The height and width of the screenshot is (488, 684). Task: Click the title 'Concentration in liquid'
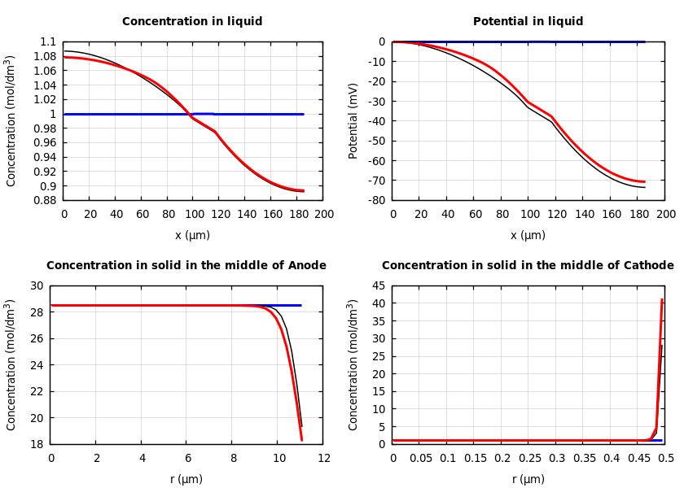pos(192,22)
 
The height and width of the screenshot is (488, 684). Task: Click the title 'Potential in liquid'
pos(528,22)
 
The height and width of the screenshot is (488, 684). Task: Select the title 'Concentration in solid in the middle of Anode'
pos(186,266)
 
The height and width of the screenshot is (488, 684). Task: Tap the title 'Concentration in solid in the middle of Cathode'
pos(528,266)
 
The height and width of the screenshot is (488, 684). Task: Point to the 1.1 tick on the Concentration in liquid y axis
pos(48,42)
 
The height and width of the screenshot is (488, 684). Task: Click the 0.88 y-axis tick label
pos(45,200)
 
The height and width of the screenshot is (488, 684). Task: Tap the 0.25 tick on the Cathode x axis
pos(529,459)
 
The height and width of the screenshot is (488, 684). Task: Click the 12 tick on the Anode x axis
pos(323,459)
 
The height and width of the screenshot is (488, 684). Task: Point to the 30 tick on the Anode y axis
pos(37,286)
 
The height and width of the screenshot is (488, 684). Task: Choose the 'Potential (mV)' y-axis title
pos(353,121)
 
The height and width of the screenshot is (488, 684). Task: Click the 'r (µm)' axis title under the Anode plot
pos(186,479)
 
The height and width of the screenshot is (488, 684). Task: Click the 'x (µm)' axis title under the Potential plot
pos(528,235)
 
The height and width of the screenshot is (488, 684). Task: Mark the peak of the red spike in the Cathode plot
pos(662,300)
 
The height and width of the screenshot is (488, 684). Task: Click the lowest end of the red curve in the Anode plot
pos(301,440)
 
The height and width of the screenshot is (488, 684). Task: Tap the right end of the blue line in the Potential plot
pos(644,41)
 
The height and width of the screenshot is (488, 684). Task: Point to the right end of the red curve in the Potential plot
pos(644,181)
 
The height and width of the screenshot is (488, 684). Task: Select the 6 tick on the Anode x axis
pos(187,459)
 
